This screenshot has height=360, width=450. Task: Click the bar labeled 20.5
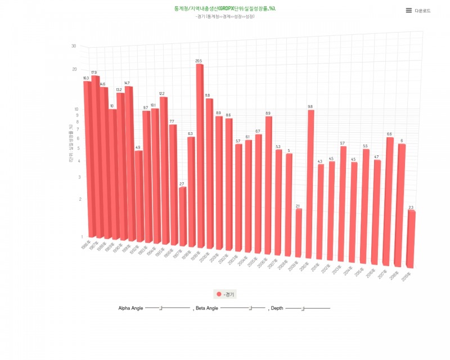(x=200, y=157)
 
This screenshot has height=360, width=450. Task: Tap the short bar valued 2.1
(x=299, y=233)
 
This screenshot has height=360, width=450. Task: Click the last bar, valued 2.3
(x=411, y=239)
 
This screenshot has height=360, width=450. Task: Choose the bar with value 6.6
(x=389, y=200)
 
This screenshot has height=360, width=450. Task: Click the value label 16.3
(x=86, y=78)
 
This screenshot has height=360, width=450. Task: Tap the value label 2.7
(x=182, y=184)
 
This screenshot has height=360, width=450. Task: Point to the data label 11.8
(x=208, y=95)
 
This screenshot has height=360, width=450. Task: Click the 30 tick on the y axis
(x=74, y=46)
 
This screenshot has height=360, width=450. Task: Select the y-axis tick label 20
(x=74, y=69)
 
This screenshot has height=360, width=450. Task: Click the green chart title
(x=225, y=9)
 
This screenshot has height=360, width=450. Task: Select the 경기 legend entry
(x=226, y=294)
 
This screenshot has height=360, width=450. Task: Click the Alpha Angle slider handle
(x=161, y=308)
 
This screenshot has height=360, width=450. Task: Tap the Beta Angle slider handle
(x=250, y=308)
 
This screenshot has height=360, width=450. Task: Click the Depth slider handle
(x=303, y=308)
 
